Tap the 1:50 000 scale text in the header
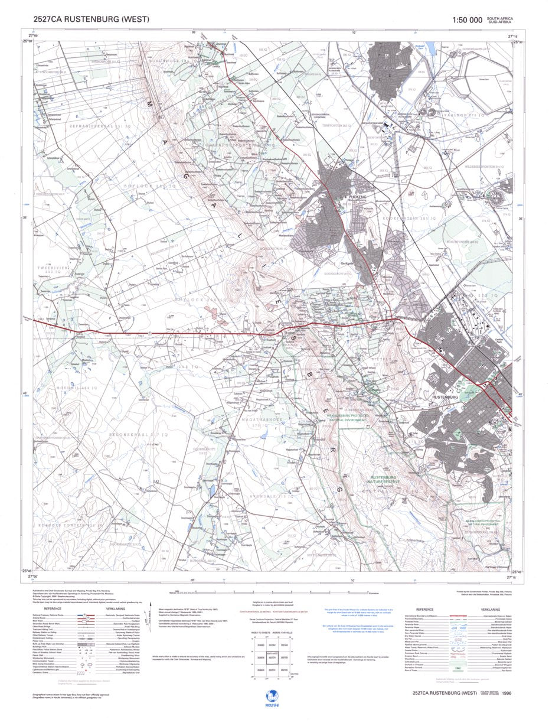point(466,20)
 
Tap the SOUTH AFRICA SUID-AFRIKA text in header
point(499,20)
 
